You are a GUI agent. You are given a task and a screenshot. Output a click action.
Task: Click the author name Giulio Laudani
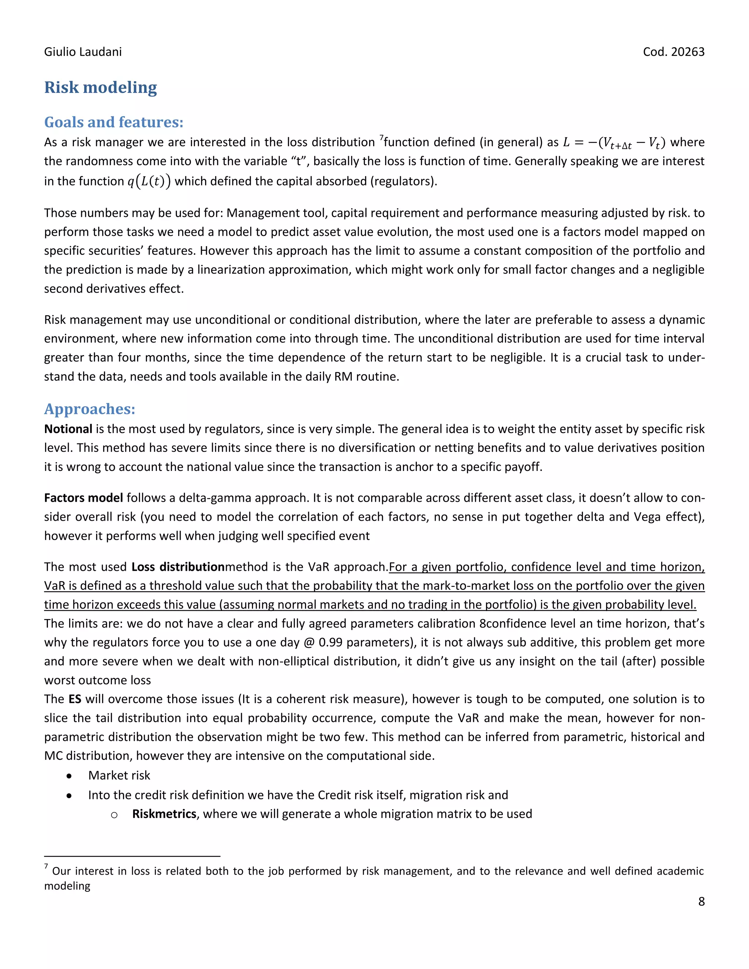[83, 52]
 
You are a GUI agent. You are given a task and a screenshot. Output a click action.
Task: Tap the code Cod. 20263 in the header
[673, 52]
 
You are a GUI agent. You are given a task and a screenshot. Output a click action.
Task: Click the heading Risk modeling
[100, 87]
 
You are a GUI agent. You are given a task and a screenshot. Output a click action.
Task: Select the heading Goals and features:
[114, 122]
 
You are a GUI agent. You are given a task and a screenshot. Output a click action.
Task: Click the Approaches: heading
[90, 409]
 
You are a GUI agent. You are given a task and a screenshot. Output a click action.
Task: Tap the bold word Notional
[68, 429]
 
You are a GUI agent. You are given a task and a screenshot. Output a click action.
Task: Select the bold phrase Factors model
[83, 498]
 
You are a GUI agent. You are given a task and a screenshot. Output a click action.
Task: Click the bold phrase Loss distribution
[178, 567]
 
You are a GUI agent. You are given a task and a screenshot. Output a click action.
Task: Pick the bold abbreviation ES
[75, 699]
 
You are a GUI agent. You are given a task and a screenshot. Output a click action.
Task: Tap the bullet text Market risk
[119, 776]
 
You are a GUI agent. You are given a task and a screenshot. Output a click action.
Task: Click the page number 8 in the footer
[701, 902]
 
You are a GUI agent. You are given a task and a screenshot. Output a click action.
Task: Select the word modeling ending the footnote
[67, 886]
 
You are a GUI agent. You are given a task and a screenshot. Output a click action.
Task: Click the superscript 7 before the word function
[381, 139]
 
